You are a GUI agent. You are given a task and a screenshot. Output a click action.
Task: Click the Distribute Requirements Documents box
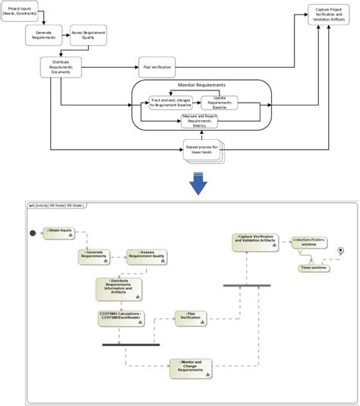(61, 67)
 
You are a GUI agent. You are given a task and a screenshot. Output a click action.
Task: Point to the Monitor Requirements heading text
(199, 85)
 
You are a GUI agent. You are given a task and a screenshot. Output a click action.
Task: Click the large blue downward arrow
(199, 184)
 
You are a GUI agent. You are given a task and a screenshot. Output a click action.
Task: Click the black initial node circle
(33, 233)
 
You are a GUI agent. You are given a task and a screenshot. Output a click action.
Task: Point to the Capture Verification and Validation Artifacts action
(257, 241)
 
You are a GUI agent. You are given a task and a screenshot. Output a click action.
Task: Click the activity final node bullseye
(342, 250)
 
